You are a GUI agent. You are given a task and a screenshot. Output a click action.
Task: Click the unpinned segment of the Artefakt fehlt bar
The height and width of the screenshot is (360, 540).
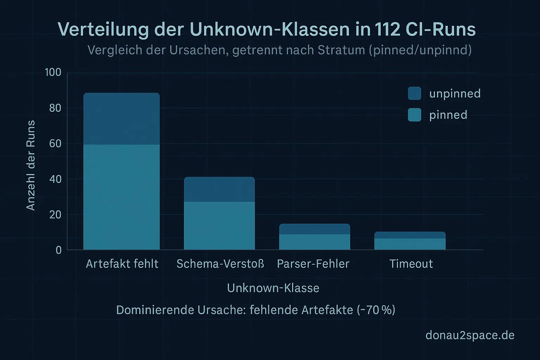(x=121, y=119)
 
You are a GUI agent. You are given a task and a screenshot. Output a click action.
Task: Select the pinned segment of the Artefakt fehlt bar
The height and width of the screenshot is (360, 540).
(x=121, y=197)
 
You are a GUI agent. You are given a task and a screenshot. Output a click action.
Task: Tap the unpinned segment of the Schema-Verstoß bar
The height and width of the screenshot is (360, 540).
(x=219, y=189)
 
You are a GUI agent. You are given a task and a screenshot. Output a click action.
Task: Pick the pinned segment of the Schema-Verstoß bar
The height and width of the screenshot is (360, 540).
(x=219, y=225)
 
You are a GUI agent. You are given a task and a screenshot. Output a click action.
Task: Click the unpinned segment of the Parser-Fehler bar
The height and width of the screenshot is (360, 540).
(x=315, y=229)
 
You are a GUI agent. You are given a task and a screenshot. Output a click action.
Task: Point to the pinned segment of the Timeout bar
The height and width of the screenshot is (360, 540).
(x=410, y=244)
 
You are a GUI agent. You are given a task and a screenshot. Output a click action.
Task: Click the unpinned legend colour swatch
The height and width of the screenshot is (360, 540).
(x=414, y=94)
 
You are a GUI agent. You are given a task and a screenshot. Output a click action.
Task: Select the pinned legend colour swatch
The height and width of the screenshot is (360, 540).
(x=414, y=115)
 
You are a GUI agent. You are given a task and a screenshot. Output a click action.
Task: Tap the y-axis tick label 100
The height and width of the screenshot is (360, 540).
(x=53, y=72)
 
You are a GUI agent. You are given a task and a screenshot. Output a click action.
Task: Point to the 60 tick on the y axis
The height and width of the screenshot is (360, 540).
(x=55, y=143)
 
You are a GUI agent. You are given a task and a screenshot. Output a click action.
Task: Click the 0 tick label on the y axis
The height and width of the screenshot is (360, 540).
(x=59, y=250)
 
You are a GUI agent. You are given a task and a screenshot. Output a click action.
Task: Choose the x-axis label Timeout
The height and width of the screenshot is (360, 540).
(x=411, y=264)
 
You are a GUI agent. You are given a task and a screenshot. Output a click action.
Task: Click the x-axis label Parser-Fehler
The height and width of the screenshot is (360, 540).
(x=313, y=264)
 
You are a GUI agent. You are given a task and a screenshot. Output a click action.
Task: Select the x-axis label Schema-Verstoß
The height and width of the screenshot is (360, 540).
(x=220, y=264)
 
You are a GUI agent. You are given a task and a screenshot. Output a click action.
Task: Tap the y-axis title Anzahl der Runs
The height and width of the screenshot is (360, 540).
(x=31, y=165)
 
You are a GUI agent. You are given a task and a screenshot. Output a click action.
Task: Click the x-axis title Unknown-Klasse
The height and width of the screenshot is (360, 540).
(x=273, y=288)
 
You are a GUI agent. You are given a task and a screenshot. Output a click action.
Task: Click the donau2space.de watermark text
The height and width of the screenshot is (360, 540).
(x=470, y=335)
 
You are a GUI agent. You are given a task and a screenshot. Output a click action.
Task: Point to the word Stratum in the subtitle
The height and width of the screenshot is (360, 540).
(x=341, y=50)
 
